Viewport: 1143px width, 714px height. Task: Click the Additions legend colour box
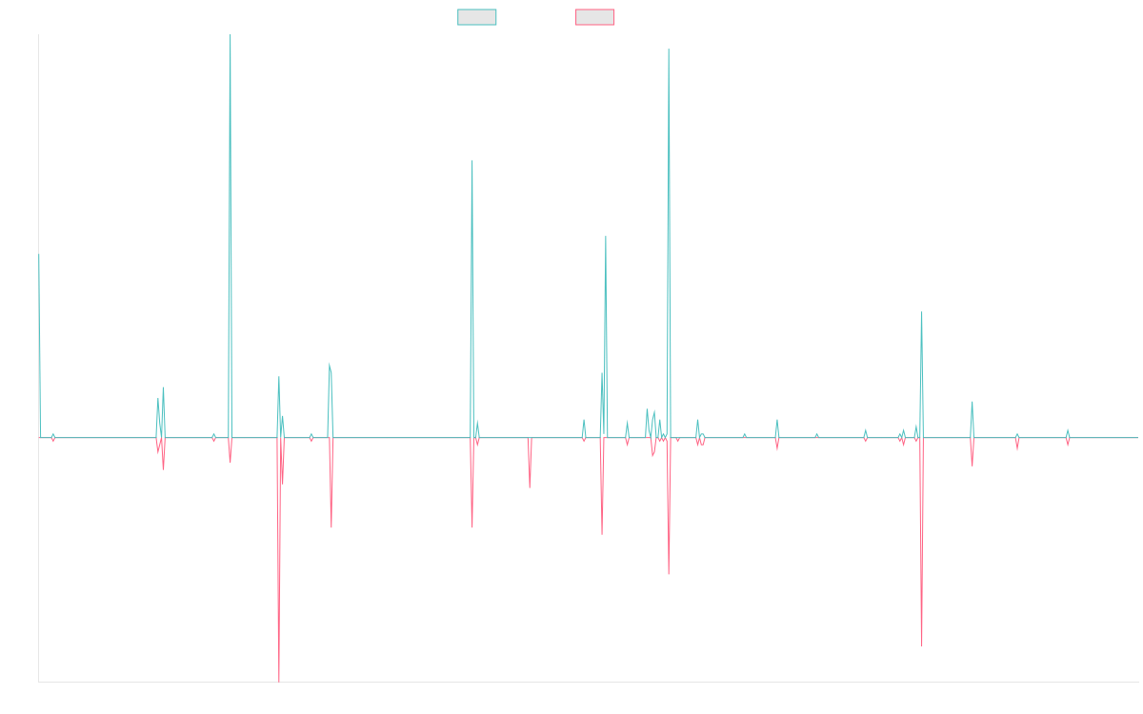(x=477, y=17)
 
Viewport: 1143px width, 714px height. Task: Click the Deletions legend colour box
(x=595, y=17)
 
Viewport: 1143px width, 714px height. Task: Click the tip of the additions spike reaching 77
(x=472, y=161)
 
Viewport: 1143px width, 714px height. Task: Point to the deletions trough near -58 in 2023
(x=922, y=645)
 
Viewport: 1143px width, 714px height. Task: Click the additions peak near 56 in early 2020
(x=606, y=236)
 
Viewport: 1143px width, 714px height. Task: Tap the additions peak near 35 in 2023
(x=922, y=312)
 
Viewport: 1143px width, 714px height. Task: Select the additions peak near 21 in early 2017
(x=330, y=363)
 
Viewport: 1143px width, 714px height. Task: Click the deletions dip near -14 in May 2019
(x=530, y=487)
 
